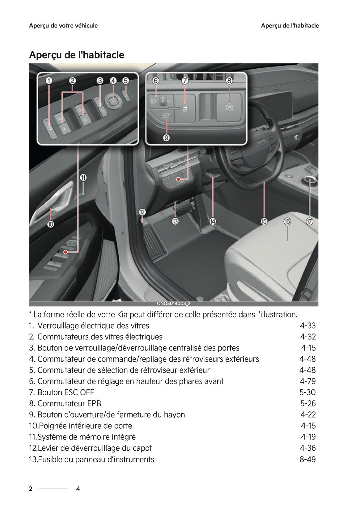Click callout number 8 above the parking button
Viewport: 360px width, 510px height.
tap(229, 81)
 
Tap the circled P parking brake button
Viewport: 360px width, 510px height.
tap(229, 108)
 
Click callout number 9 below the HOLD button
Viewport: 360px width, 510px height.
tap(166, 138)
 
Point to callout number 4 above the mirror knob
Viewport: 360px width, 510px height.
tap(113, 81)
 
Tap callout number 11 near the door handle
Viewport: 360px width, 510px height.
tap(83, 178)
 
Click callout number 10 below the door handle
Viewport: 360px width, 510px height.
tap(51, 224)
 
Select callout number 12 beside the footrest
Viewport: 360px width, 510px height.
tap(142, 212)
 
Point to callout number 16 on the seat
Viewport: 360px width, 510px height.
tap(287, 221)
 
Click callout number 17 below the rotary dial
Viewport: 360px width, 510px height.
tap(310, 221)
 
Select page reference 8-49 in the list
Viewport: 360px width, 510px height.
tap(307, 460)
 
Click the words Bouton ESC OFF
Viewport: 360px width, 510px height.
tap(66, 393)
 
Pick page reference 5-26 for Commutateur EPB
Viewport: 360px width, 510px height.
tap(308, 404)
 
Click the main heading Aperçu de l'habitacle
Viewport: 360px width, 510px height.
tap(77, 55)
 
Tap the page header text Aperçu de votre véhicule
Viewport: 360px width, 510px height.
tap(63, 26)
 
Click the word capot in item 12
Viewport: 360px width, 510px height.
tap(142, 448)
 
